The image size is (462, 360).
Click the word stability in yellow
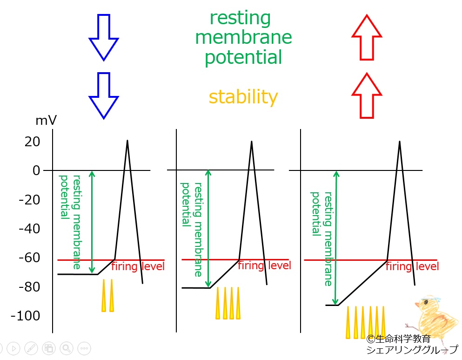coord(243,97)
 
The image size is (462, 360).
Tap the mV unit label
coord(46,120)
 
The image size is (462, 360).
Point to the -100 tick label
coord(25,315)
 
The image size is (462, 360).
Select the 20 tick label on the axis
coord(33,142)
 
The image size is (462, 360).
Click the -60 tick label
coord(29,258)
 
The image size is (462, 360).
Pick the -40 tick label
coord(29,229)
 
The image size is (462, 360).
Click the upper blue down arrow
coord(104,37)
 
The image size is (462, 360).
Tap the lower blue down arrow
coord(104,95)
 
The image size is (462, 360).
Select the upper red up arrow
coord(367,37)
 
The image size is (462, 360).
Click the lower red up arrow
coord(367,95)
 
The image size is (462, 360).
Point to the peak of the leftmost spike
coord(127,140)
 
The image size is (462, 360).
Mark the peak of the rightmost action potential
coord(400,142)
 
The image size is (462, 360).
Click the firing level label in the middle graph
coord(264,265)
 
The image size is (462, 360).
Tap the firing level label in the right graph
coord(412,266)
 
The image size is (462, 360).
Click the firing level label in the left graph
coord(138,266)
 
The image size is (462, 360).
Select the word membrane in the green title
coord(243,37)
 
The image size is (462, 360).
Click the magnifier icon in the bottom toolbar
coord(67,348)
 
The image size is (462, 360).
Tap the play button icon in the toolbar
coord(13,348)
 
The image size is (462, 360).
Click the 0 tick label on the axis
coord(36,170)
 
